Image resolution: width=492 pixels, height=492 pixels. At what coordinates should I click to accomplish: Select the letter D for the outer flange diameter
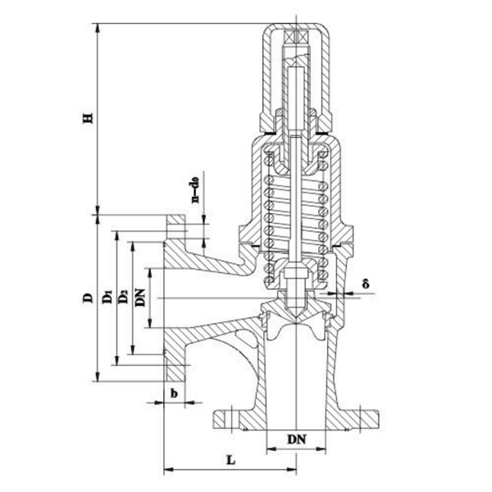click(x=87, y=298)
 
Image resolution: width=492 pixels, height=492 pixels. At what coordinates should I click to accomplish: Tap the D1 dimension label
click(x=106, y=298)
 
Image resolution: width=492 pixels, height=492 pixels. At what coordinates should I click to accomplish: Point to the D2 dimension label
click(x=122, y=298)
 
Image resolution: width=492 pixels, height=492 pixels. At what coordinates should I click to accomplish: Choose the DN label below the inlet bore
click(x=297, y=439)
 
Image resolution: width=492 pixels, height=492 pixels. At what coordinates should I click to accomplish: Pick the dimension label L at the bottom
click(x=231, y=460)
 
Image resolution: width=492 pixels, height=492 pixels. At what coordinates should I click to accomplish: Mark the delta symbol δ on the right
click(x=367, y=284)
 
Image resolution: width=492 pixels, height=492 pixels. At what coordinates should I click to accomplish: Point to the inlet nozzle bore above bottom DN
click(x=296, y=377)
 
